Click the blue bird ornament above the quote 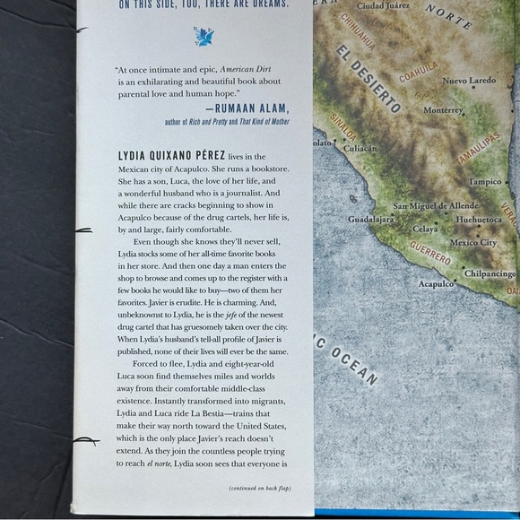(204, 37)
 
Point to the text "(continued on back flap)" (260, 489)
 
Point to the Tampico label (485, 182)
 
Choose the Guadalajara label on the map (370, 219)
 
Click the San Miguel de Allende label (436, 206)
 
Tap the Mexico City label (472, 243)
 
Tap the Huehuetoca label (479, 220)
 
